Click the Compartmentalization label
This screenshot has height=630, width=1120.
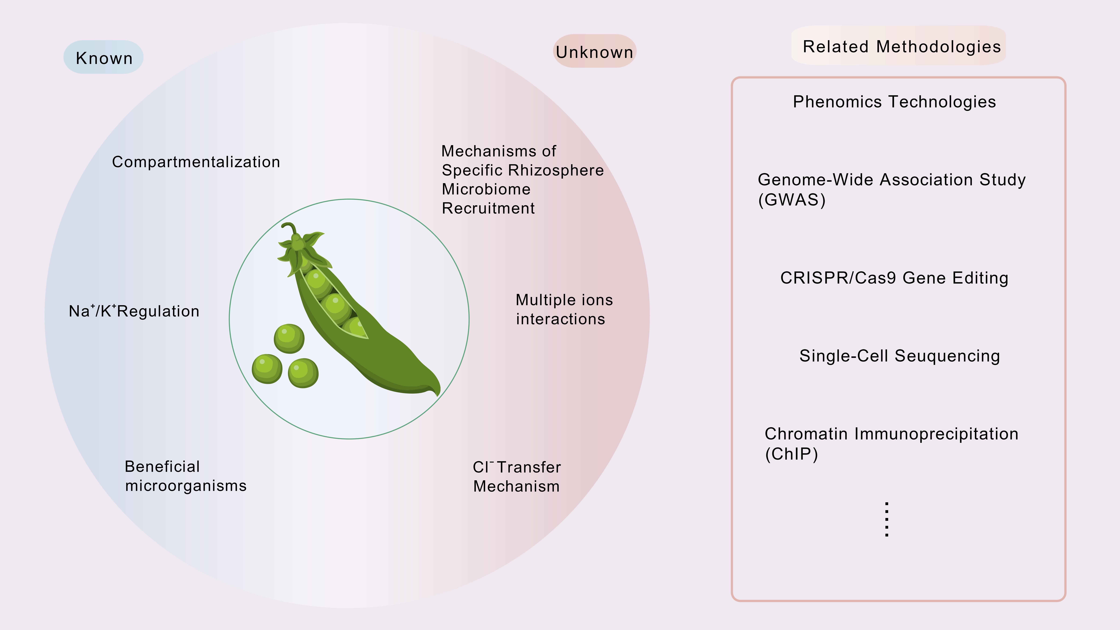point(196,162)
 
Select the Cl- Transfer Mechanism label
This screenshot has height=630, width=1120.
point(517,477)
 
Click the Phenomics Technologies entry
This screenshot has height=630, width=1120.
point(894,102)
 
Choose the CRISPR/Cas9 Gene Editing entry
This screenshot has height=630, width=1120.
point(894,278)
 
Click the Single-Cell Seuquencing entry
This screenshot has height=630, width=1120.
point(899,356)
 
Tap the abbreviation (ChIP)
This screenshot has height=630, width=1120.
point(791,454)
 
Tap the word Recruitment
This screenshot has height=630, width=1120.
point(488,208)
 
